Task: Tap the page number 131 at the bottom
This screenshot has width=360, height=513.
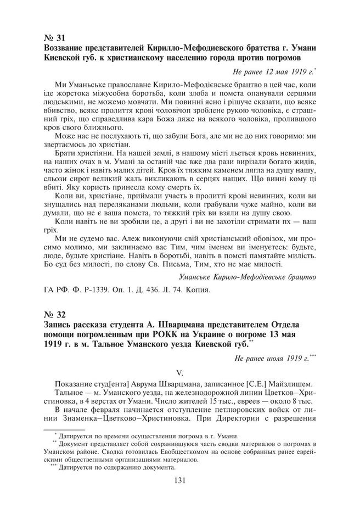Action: [179, 481]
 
